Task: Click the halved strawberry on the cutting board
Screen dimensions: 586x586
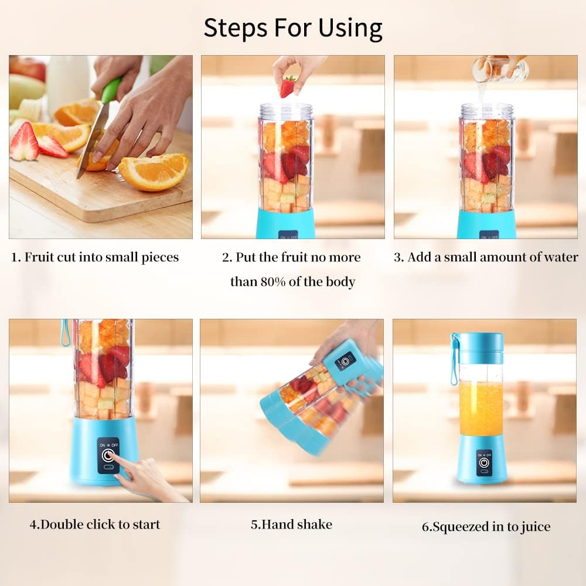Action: point(24,142)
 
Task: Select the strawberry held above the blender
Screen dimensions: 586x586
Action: point(287,87)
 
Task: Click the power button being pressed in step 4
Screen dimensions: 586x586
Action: point(108,455)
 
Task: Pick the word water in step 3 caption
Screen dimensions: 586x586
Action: point(560,257)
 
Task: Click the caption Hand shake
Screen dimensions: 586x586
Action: point(291,524)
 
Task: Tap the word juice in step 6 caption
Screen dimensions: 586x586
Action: point(534,527)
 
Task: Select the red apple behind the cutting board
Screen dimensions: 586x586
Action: point(28,68)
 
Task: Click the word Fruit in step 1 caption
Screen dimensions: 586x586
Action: point(40,257)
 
